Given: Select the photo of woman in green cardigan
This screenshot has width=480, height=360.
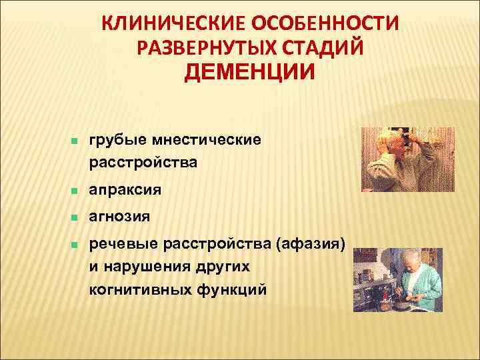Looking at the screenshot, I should pyautogui.click(x=397, y=279).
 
